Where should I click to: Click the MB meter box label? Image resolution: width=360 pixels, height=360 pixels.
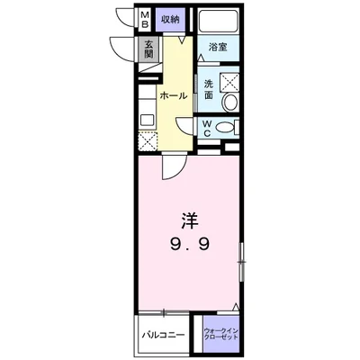coord(145,19)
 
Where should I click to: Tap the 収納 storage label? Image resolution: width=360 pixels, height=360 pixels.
coord(171,20)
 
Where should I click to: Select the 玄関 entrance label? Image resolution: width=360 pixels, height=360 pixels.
coord(148,49)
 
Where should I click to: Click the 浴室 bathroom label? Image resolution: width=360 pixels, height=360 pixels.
coord(218,47)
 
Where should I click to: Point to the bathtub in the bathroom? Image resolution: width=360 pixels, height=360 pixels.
coord(218,22)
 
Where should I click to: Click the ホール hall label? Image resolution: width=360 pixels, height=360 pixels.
coord(174,95)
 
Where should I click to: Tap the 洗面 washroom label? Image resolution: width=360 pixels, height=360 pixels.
coord(209,89)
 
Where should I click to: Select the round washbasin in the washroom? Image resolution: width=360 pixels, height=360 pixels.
coord(230,102)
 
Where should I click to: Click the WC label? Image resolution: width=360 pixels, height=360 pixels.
coord(207,129)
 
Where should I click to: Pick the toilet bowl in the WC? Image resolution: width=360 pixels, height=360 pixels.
coord(224,128)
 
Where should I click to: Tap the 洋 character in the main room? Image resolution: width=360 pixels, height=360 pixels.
coord(190,221)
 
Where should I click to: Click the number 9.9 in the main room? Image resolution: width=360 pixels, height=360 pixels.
coord(190,246)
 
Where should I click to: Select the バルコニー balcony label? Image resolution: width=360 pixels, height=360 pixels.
coord(163,335)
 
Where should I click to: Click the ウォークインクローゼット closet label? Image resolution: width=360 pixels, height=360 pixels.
coord(221,333)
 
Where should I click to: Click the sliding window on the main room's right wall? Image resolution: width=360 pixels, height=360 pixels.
coord(241,262)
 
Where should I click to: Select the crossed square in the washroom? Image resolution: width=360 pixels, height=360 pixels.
coord(229,81)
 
